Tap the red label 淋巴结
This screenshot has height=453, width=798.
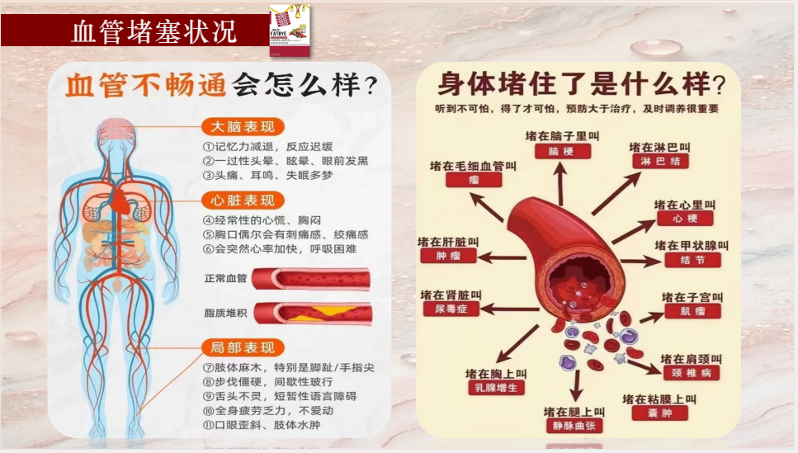[x=660, y=162]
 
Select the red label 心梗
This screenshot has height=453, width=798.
[x=685, y=219]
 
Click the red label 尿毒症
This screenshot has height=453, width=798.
[x=451, y=309]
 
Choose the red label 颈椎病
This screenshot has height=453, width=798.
[x=691, y=373]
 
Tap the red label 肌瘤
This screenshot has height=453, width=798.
[x=692, y=311]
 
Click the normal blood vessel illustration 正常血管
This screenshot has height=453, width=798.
[x=312, y=278]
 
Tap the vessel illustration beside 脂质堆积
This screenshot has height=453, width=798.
[x=312, y=313]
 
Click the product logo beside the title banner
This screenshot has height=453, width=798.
[x=289, y=31]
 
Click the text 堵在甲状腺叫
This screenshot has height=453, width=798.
[x=692, y=246]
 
